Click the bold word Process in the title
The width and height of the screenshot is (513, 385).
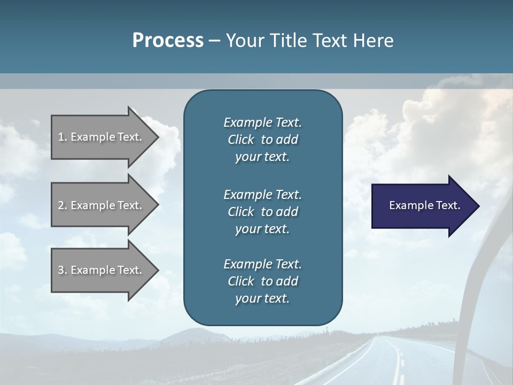[168, 41]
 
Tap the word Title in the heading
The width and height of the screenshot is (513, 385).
[287, 41]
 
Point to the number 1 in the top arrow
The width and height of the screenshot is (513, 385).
[61, 137]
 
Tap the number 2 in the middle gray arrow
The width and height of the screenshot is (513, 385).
[61, 205]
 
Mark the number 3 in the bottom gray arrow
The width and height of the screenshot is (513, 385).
[61, 270]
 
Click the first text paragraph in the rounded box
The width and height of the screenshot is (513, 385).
[262, 140]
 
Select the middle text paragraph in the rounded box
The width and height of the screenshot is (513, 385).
[262, 212]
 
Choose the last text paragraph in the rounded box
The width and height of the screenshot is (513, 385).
[262, 281]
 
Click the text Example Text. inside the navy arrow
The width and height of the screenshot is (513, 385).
[424, 205]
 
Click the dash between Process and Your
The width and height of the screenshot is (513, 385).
[214, 41]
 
